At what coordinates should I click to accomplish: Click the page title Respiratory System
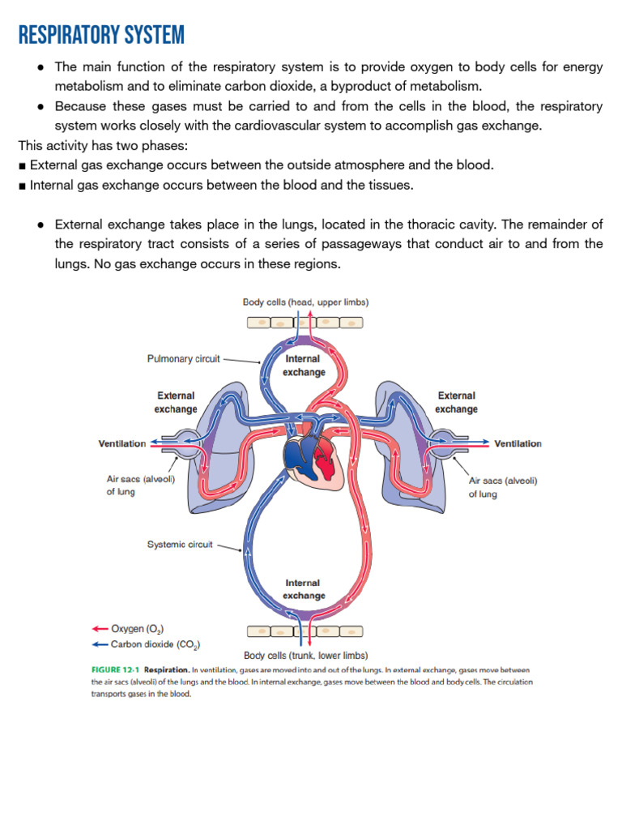pos(101,36)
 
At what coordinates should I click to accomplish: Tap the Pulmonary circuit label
pos(184,358)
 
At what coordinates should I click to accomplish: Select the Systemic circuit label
pos(180,545)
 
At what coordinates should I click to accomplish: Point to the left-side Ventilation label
pos(122,443)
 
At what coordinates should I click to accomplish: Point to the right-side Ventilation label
pos(518,443)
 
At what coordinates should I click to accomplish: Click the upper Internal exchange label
pos(304,366)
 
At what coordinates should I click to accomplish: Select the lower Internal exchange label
pos(304,589)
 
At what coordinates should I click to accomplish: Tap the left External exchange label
pos(176,402)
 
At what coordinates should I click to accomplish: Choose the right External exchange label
pos(456,402)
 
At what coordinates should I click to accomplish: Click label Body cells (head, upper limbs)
pos(306,302)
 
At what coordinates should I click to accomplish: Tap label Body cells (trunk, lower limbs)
pos(306,656)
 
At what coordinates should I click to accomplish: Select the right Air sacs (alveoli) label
pos(503,487)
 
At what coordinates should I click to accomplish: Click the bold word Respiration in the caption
pos(167,670)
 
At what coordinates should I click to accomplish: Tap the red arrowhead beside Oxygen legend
pos(96,628)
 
